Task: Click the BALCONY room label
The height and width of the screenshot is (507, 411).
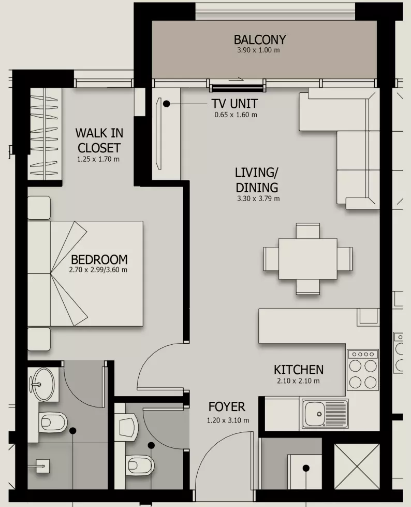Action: click(260, 40)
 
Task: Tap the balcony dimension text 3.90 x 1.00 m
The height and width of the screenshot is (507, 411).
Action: click(258, 50)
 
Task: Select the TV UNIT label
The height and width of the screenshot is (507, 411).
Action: click(234, 104)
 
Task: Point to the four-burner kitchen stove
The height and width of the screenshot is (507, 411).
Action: click(362, 370)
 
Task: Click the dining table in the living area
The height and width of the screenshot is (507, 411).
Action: click(307, 259)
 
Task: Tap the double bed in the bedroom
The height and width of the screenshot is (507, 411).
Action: click(85, 274)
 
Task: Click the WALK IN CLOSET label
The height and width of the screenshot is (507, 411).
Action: click(99, 140)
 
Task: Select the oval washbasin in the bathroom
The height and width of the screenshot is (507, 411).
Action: click(44, 384)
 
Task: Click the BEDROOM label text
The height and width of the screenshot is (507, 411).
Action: click(99, 260)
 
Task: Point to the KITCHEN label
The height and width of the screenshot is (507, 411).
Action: click(299, 370)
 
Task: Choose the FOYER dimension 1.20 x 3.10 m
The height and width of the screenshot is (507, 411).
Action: click(228, 420)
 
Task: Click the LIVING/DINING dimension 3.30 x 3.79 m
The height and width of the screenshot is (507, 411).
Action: click(258, 199)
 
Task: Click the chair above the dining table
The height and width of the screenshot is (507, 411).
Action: click(307, 231)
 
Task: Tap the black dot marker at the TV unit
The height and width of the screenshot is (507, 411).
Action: click(166, 104)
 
